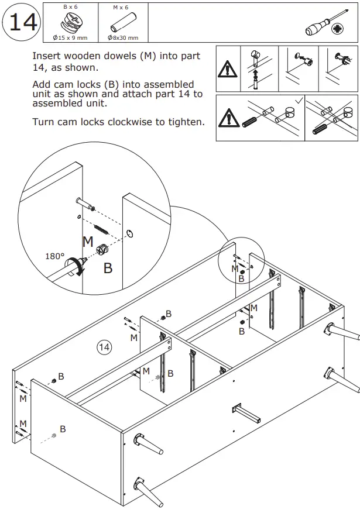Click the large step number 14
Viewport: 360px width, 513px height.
(22, 23)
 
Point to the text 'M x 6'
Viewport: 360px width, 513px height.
(120, 7)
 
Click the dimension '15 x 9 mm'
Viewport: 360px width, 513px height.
(73, 38)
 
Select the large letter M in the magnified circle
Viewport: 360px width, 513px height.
(88, 241)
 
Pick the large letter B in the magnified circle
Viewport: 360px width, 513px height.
(108, 268)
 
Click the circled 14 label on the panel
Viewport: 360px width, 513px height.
(104, 347)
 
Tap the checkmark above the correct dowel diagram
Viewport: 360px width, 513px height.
(299, 101)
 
